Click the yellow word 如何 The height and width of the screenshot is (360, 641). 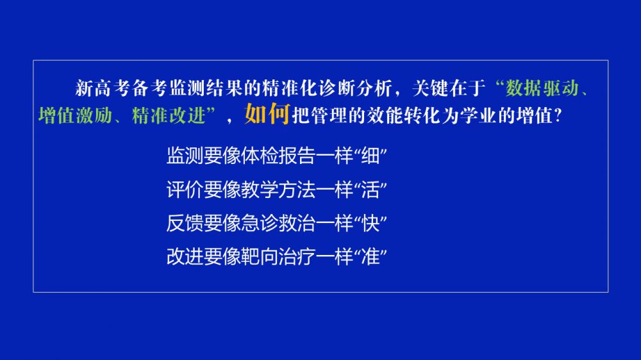(x=267, y=113)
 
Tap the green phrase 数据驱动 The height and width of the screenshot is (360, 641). (x=542, y=88)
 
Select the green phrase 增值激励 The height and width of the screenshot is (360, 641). (x=75, y=116)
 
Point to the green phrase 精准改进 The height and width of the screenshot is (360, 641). (x=169, y=116)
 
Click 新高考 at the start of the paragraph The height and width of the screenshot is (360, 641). (x=103, y=88)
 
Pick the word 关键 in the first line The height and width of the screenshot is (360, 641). (x=430, y=88)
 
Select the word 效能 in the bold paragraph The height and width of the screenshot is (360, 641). (x=385, y=116)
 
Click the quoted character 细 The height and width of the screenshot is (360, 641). (x=370, y=156)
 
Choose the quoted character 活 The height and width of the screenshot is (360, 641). (x=370, y=190)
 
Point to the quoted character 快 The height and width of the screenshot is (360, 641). (x=370, y=223)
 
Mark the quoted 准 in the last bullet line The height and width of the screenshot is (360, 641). (x=370, y=257)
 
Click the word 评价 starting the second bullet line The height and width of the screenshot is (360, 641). (x=185, y=190)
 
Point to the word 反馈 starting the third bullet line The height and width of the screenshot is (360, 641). (x=185, y=223)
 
